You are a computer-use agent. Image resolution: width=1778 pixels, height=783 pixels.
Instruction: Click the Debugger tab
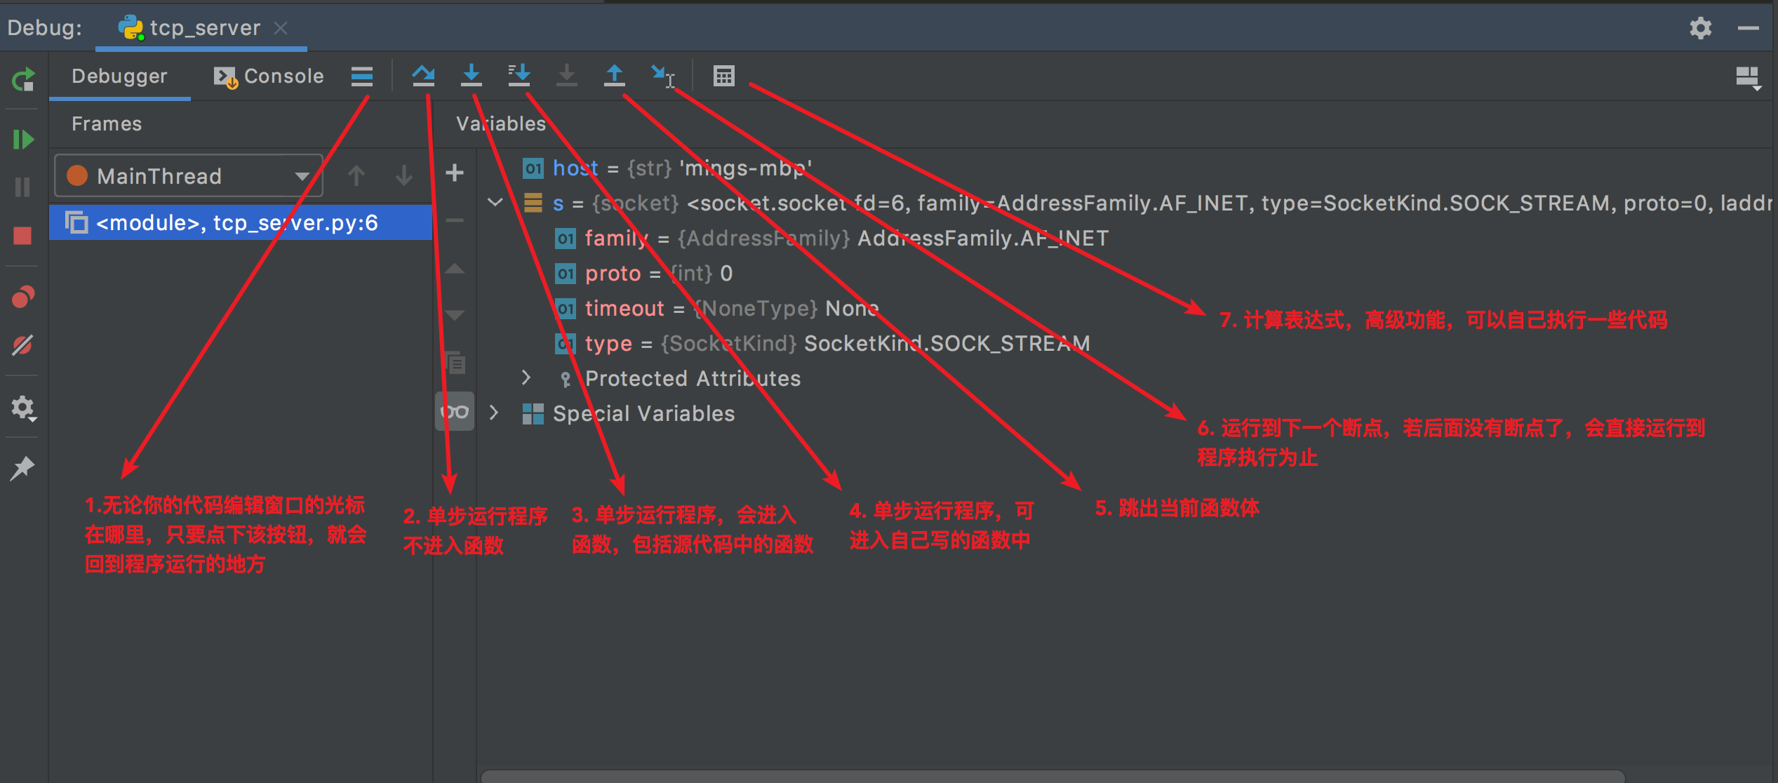(119, 76)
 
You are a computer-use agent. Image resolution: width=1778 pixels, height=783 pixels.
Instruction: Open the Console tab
(269, 76)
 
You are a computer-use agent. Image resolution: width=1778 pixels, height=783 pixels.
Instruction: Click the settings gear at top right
(1700, 28)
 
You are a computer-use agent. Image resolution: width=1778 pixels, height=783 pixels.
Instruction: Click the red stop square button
(22, 236)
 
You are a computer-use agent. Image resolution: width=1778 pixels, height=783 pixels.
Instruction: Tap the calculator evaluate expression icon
(723, 75)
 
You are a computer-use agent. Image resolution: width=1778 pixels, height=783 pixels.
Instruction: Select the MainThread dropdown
(188, 175)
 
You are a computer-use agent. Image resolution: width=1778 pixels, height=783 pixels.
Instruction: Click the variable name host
(575, 168)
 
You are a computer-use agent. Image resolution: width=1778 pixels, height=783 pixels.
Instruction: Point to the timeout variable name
(624, 308)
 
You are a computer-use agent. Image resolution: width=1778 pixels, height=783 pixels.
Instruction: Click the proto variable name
(613, 273)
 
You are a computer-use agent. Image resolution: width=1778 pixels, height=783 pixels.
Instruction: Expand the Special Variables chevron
(494, 413)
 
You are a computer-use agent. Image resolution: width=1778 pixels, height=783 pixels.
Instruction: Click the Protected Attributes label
(693, 378)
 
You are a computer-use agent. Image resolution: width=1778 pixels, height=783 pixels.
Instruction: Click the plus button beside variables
(455, 173)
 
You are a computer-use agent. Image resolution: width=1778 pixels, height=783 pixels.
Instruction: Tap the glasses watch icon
(455, 412)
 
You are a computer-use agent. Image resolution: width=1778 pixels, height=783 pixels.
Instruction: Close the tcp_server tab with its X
(281, 28)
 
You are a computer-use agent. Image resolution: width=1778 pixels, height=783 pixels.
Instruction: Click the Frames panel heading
(107, 123)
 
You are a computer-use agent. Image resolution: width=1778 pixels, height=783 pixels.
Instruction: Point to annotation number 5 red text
(1177, 508)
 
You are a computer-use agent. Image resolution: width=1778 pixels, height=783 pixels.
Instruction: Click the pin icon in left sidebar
(22, 468)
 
